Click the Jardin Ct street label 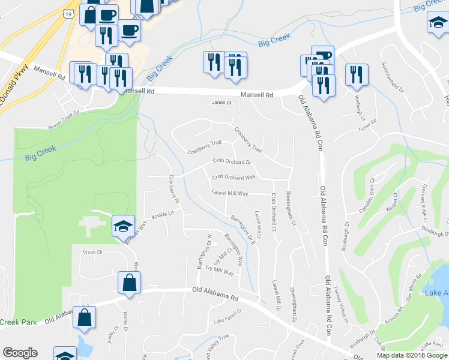[222, 103]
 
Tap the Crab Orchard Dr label [232, 162]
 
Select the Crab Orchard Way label [234, 178]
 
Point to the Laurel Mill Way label [230, 193]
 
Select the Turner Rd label [366, 122]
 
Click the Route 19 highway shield [70, 13]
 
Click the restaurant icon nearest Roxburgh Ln [356, 75]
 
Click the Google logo [20, 353]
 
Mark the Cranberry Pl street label [174, 188]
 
